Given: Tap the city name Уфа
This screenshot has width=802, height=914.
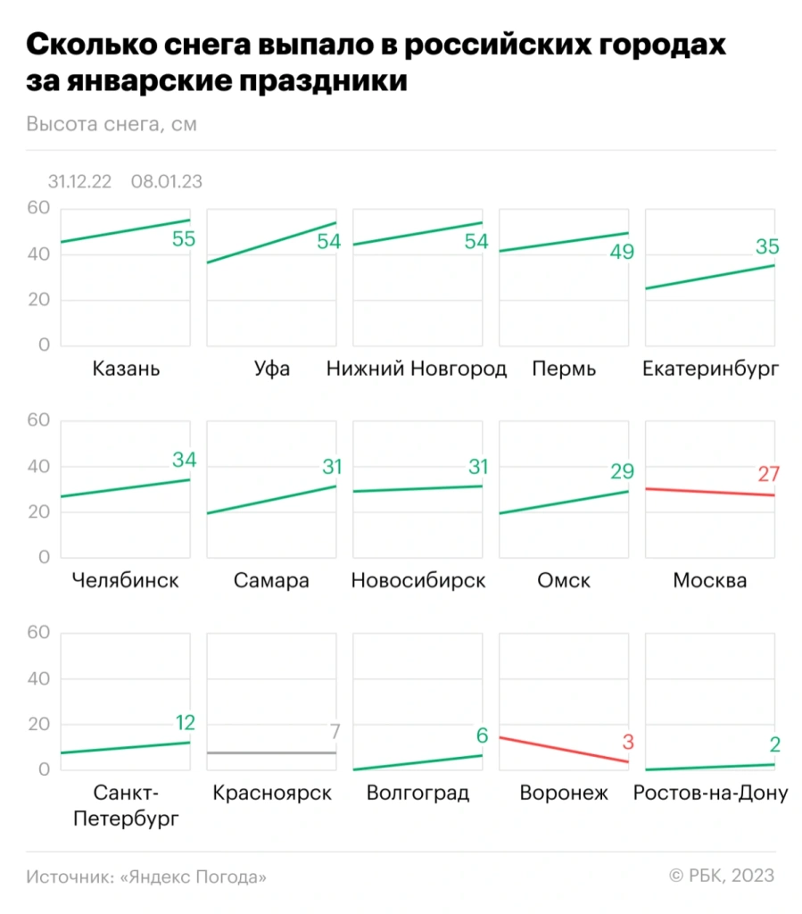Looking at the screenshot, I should [x=272, y=369].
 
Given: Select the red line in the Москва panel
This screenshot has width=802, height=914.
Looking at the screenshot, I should [x=709, y=492].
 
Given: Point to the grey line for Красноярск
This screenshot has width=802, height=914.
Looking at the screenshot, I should [x=272, y=752].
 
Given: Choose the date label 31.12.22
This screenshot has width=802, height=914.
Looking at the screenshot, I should [x=79, y=181].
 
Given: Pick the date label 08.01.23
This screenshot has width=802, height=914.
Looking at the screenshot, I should [x=166, y=181].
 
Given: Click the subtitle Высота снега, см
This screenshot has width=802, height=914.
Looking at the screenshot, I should [x=112, y=124].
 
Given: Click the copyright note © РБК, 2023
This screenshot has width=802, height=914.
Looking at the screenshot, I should [x=721, y=877].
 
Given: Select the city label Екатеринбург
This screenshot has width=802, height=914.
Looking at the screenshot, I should [x=709, y=369].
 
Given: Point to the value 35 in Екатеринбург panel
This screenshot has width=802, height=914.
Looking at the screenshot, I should [x=766, y=247].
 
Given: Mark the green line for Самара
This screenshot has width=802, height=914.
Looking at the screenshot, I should [x=272, y=500].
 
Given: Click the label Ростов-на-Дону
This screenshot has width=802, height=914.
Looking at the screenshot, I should [x=709, y=793].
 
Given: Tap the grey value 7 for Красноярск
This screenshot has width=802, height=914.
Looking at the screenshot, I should [x=335, y=732].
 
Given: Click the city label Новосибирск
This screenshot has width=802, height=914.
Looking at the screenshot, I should [x=418, y=581].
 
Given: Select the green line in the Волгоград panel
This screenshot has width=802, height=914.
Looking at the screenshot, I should [x=418, y=762].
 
